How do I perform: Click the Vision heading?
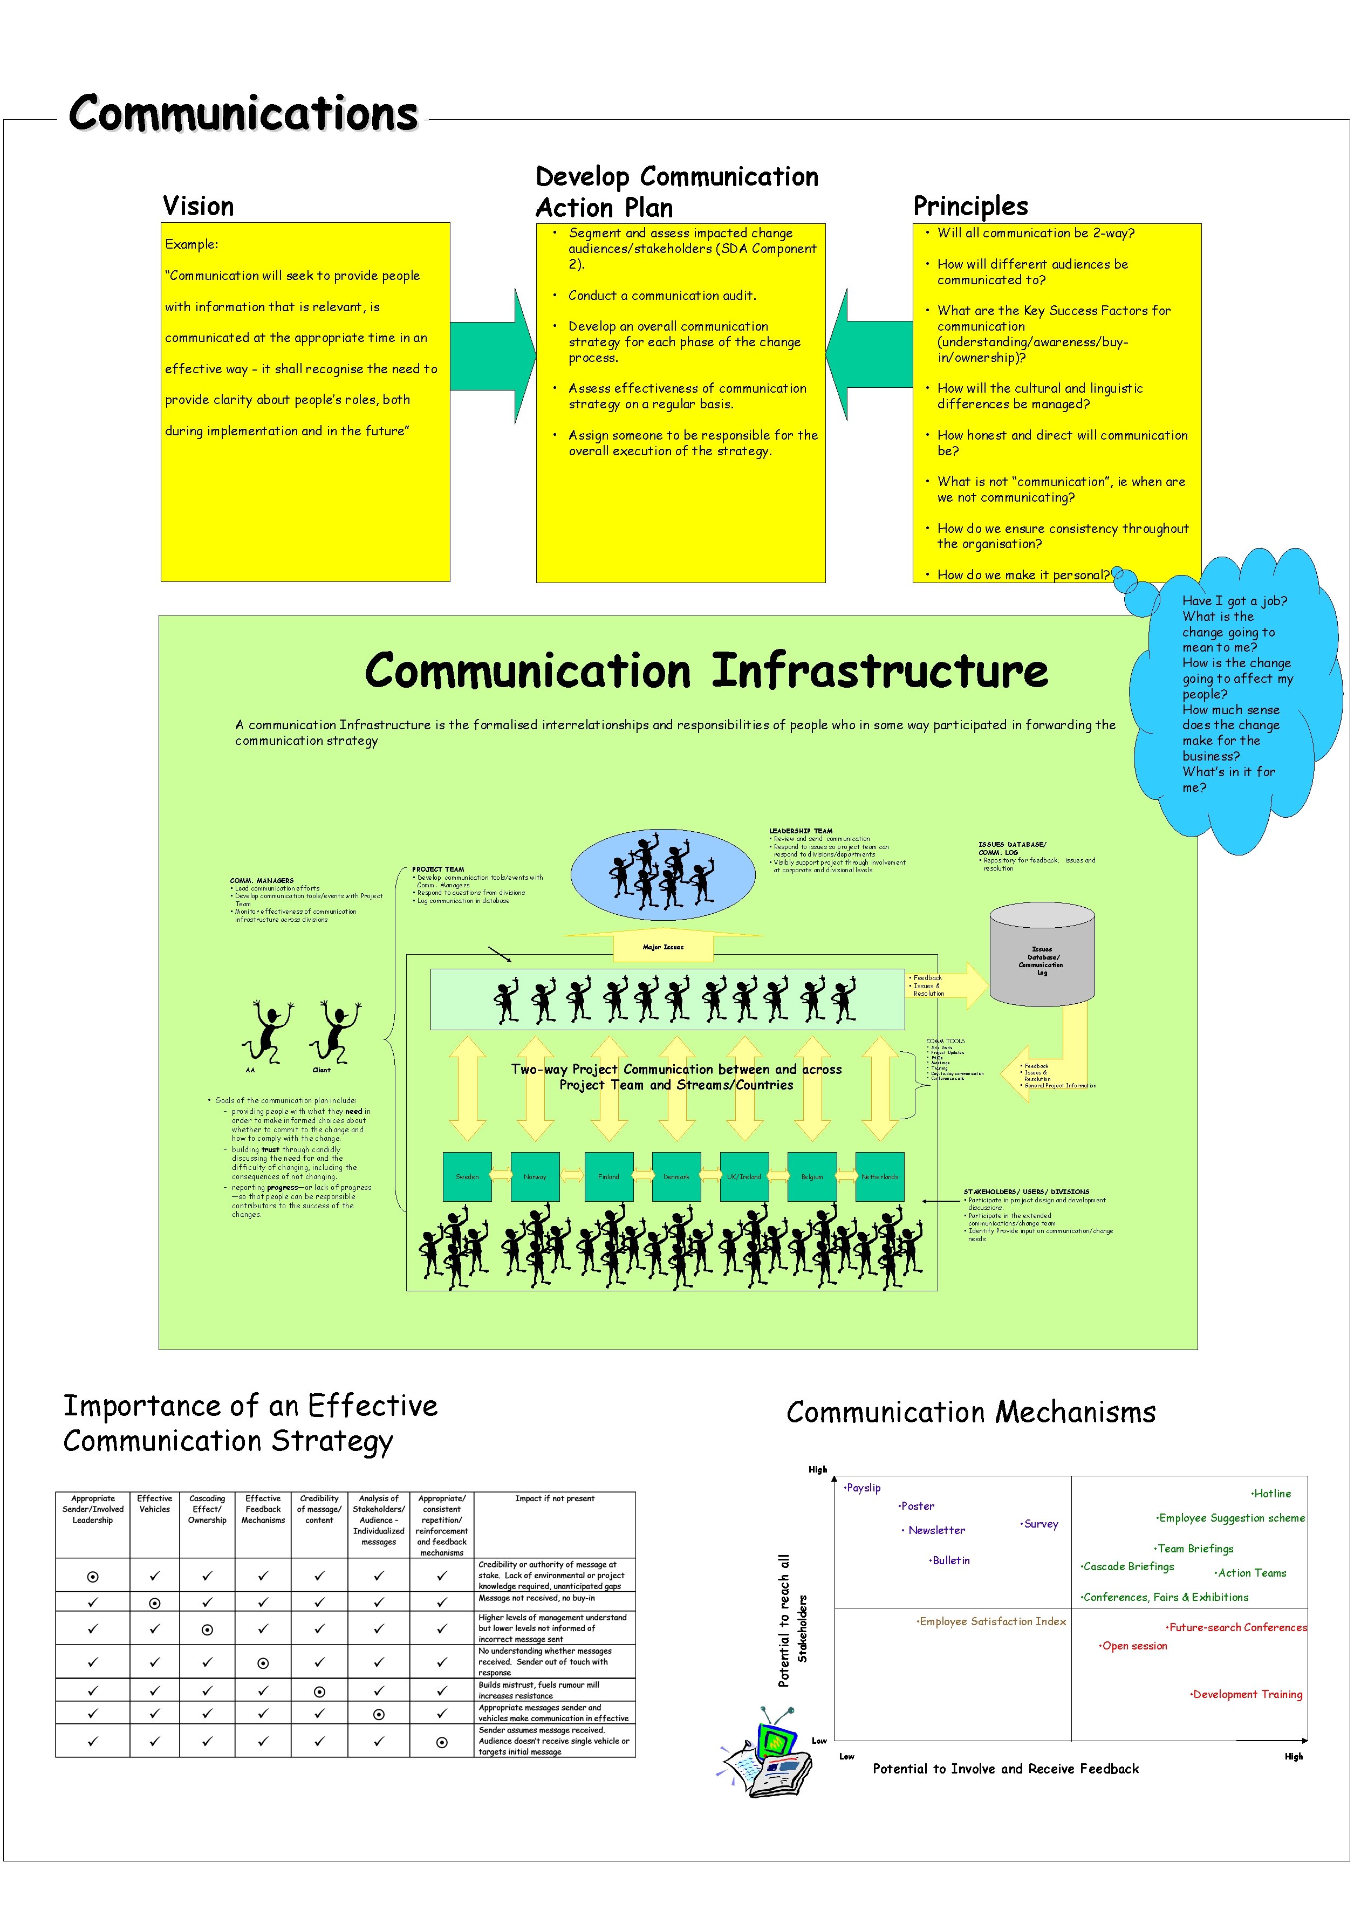point(199,206)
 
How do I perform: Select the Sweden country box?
point(467,1176)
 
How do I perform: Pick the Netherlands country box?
point(879,1176)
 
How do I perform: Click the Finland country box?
point(608,1176)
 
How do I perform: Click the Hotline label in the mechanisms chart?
point(1271,1493)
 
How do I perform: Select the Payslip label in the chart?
point(863,1488)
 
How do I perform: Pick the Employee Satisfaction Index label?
point(991,1621)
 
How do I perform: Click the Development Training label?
point(1246,1694)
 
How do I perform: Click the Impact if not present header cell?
point(555,1498)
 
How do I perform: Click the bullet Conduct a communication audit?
point(661,296)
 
